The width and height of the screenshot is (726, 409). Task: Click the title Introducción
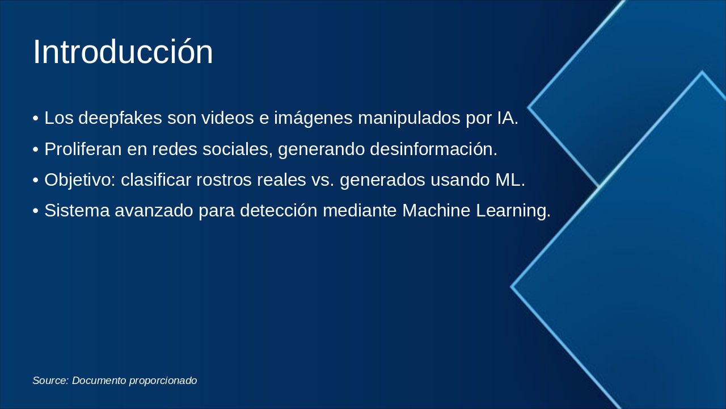click(x=123, y=52)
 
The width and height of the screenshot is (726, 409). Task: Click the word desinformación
click(x=433, y=149)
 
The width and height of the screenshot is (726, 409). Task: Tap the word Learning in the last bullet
click(x=513, y=211)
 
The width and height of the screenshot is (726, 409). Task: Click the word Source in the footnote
click(x=50, y=381)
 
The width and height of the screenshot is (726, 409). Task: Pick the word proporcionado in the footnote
click(x=163, y=381)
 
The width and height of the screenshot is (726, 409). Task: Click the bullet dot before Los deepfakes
click(x=36, y=119)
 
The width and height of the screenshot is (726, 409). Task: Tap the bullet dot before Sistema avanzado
click(x=36, y=211)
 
